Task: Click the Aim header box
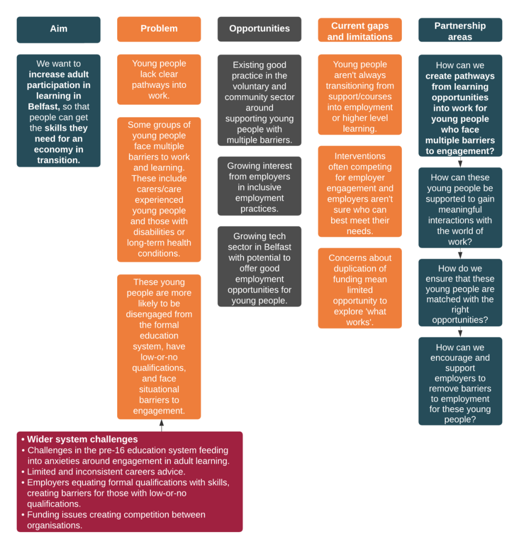coord(58,29)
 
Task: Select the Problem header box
coord(159,29)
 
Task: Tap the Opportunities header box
coord(259,29)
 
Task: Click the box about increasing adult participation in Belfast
coord(58,111)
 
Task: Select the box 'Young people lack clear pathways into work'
coord(159,79)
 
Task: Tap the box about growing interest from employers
coord(259,187)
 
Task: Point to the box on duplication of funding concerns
coord(360,289)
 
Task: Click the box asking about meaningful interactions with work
coord(460,208)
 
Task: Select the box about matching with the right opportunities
coord(460,293)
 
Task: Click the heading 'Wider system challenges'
coord(83,440)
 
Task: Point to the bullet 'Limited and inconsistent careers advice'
coord(106,472)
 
